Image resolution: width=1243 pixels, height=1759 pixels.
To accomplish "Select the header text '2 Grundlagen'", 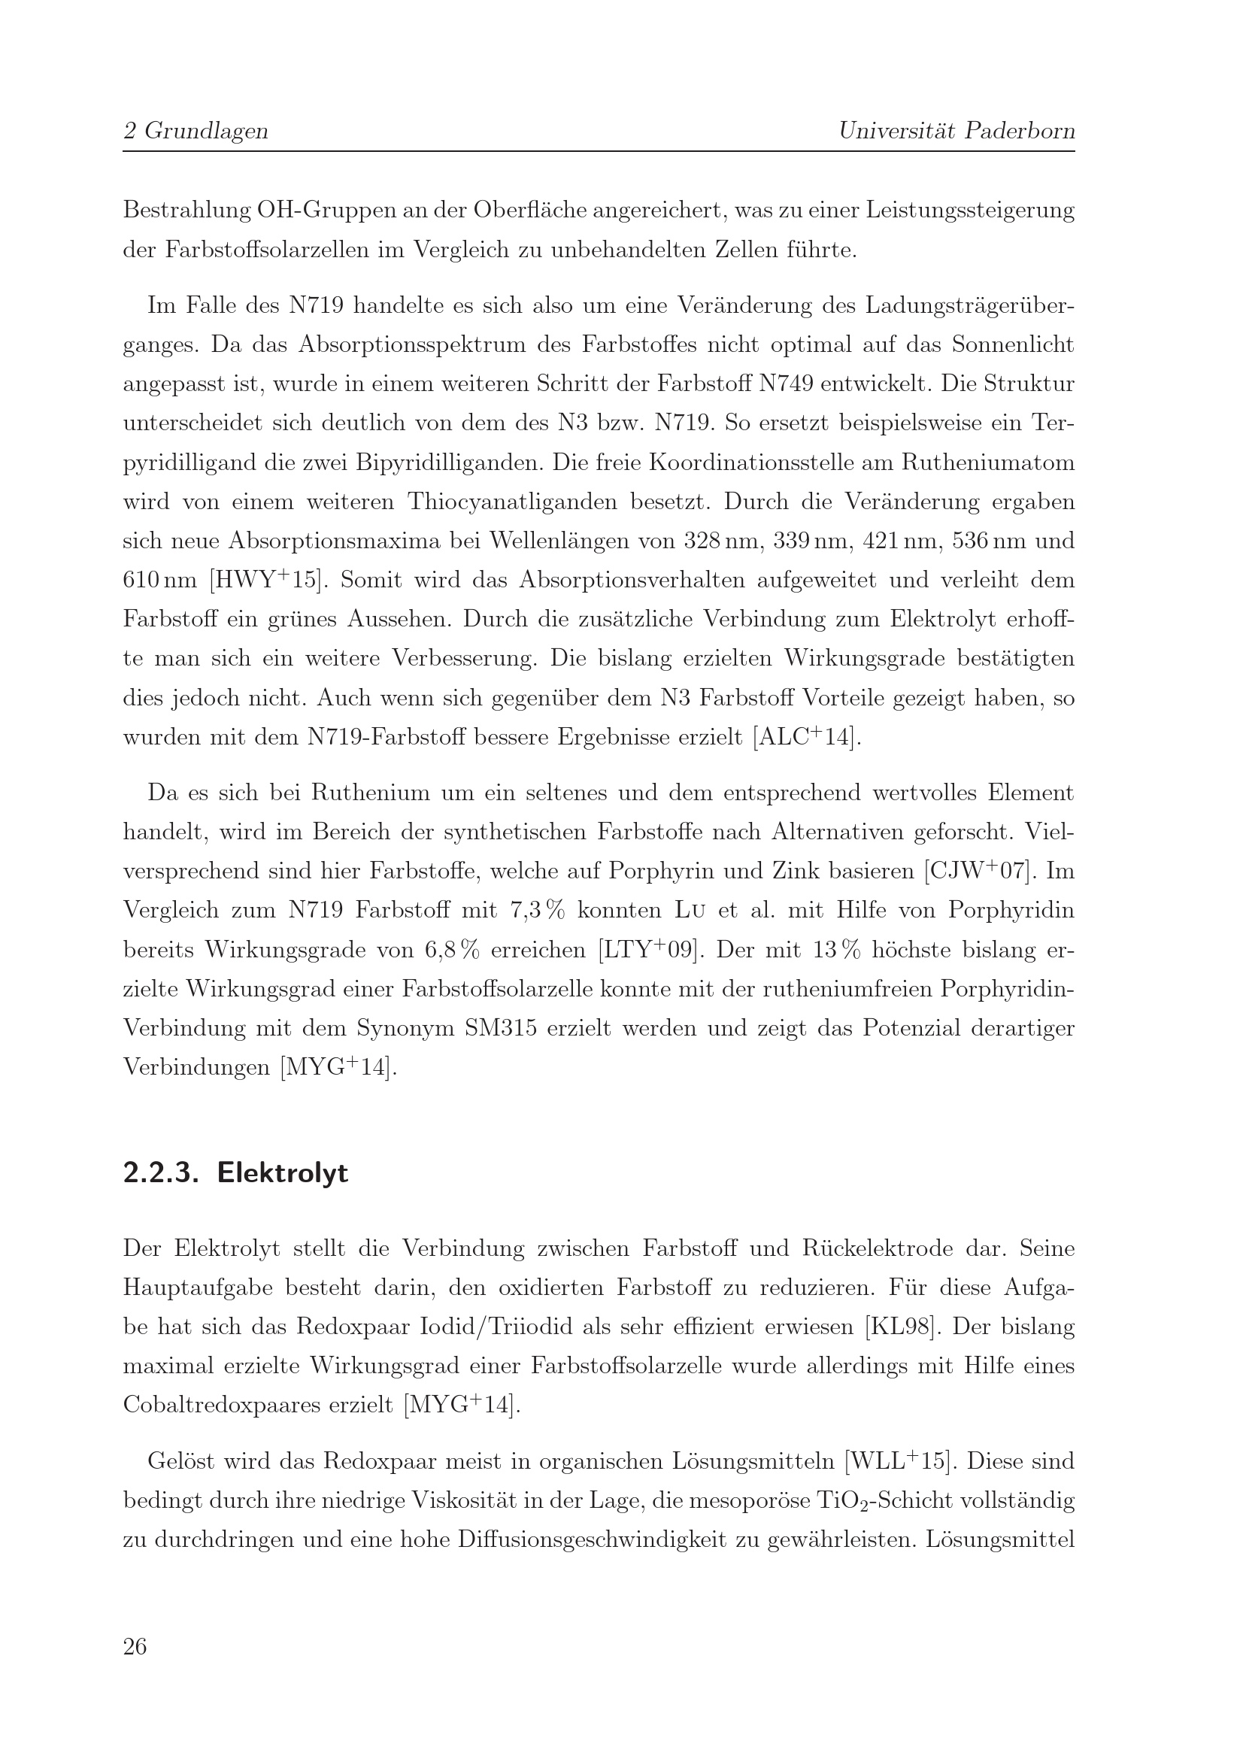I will tap(196, 131).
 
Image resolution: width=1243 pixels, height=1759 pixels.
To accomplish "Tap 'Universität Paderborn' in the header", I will tap(957, 131).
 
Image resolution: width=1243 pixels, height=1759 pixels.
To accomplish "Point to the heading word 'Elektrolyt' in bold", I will tap(283, 1173).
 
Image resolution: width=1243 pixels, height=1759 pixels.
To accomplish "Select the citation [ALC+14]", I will tap(806, 737).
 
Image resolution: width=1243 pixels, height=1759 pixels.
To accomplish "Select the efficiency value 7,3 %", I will tap(537, 911).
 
